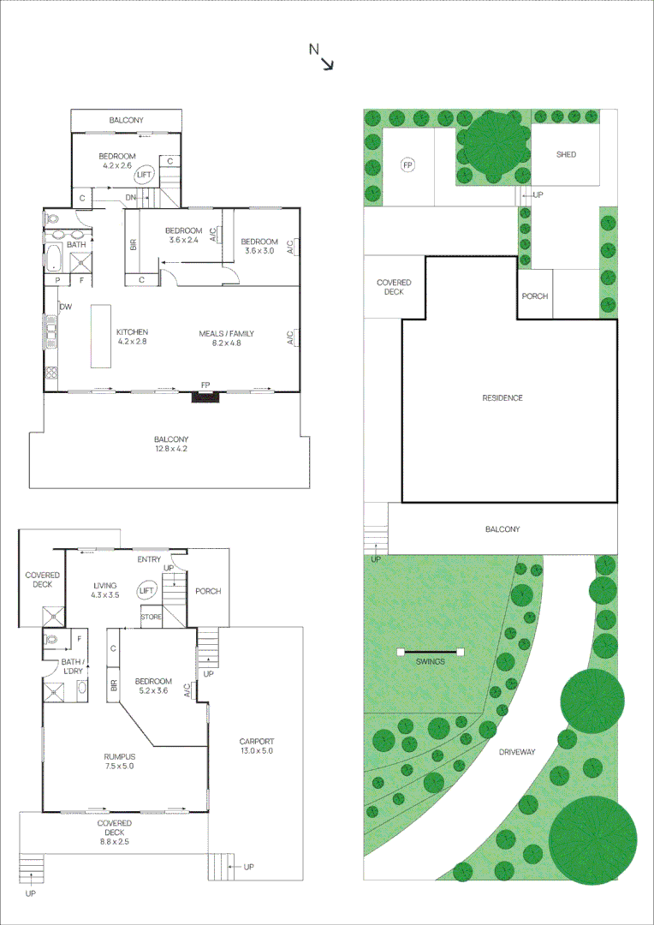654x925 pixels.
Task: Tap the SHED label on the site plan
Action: (566, 155)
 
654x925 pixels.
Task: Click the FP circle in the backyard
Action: (407, 164)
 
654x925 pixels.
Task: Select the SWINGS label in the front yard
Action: (431, 662)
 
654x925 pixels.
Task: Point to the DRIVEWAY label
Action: (517, 752)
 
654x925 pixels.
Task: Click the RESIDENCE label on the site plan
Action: (502, 398)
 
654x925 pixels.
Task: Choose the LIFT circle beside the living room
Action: (146, 591)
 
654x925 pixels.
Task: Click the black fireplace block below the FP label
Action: (205, 397)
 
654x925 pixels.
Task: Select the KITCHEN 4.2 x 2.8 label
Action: (133, 337)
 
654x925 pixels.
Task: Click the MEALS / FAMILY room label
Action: (226, 339)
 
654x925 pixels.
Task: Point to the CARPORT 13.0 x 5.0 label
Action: (256, 746)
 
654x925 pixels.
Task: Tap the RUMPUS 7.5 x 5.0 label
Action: (119, 761)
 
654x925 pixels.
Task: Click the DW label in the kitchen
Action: (66, 307)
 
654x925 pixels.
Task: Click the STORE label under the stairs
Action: (151, 617)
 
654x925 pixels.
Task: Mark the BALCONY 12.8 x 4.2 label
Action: (170, 444)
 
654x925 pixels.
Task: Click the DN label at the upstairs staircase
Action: (132, 199)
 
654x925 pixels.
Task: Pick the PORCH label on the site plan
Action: (534, 296)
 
